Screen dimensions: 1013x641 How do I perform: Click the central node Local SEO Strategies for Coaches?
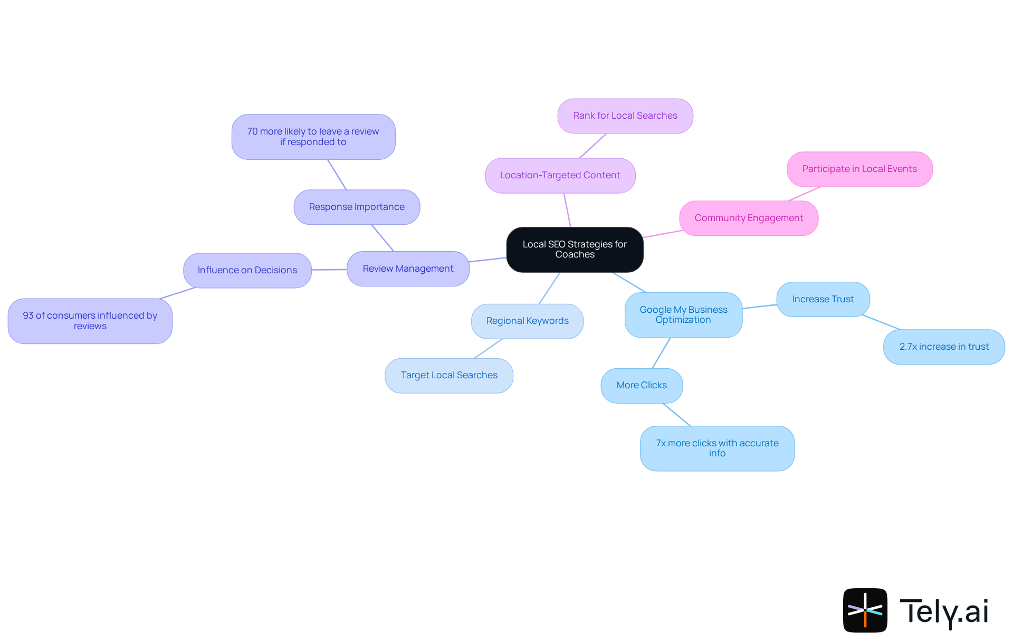point(575,250)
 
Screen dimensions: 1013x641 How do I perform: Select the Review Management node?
point(408,269)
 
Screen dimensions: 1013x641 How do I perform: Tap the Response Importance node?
point(357,207)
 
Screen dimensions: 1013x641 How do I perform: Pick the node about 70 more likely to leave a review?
point(313,137)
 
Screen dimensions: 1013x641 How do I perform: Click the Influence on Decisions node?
point(247,270)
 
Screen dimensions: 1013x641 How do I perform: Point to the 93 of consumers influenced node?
point(90,321)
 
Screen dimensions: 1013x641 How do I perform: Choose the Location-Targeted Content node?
point(560,175)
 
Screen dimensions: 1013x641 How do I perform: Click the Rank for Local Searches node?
point(625,116)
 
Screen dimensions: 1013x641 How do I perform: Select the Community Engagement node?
point(749,218)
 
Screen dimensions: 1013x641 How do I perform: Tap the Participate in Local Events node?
point(859,169)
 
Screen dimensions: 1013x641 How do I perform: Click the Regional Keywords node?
point(527,321)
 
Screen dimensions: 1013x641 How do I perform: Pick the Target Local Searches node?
point(449,375)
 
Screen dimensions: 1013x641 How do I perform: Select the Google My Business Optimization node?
point(683,315)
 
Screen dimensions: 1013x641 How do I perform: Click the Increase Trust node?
point(823,299)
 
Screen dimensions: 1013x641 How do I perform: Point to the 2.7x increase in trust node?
point(944,347)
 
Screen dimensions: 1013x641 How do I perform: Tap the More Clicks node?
point(642,385)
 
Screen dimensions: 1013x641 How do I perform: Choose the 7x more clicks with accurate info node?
point(717,448)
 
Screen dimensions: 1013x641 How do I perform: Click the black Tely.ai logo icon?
point(865,610)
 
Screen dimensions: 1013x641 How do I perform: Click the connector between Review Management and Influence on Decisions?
point(329,270)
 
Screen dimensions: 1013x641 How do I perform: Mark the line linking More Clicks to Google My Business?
point(661,353)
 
